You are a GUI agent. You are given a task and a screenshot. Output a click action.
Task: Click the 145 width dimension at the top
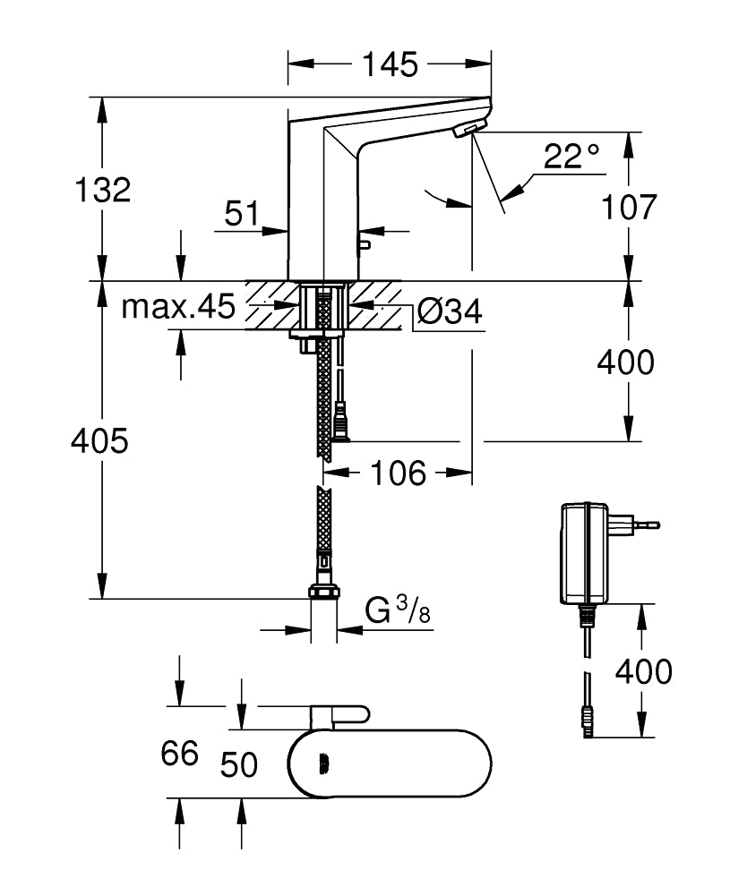pyautogui.click(x=390, y=64)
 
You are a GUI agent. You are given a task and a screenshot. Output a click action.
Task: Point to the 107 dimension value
pyautogui.click(x=628, y=207)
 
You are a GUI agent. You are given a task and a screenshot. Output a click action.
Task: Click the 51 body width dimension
pyautogui.click(x=241, y=214)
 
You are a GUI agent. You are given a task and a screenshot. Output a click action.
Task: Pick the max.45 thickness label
pyautogui.click(x=178, y=307)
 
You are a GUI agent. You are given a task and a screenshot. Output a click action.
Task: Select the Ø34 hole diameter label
pyautogui.click(x=450, y=311)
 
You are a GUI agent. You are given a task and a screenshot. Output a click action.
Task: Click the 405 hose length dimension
pyautogui.click(x=101, y=440)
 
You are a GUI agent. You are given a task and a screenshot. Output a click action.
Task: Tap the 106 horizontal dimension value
pyautogui.click(x=399, y=473)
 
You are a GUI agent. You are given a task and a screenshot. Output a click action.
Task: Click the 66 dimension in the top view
pyautogui.click(x=179, y=754)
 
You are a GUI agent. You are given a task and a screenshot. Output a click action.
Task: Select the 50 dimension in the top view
pyautogui.click(x=239, y=765)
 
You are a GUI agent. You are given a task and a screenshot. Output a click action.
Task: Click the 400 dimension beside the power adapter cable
pyautogui.click(x=643, y=670)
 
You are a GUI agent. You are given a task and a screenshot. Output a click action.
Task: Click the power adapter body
pyautogui.click(x=585, y=553)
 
